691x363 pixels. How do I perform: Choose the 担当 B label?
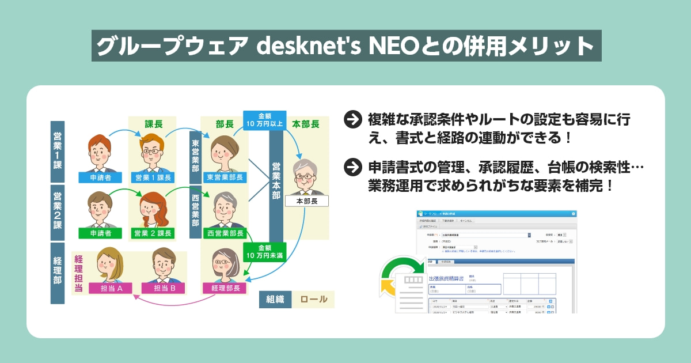pyautogui.click(x=165, y=288)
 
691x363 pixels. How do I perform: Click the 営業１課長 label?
pyautogui.click(x=153, y=177)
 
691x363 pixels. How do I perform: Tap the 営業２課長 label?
pyautogui.click(x=153, y=233)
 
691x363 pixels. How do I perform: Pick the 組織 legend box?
pyautogui.click(x=275, y=299)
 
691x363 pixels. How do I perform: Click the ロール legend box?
pyautogui.click(x=313, y=299)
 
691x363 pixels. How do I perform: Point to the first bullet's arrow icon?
pyautogui.click(x=351, y=119)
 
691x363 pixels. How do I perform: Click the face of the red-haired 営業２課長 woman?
pyautogui.click(x=152, y=207)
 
